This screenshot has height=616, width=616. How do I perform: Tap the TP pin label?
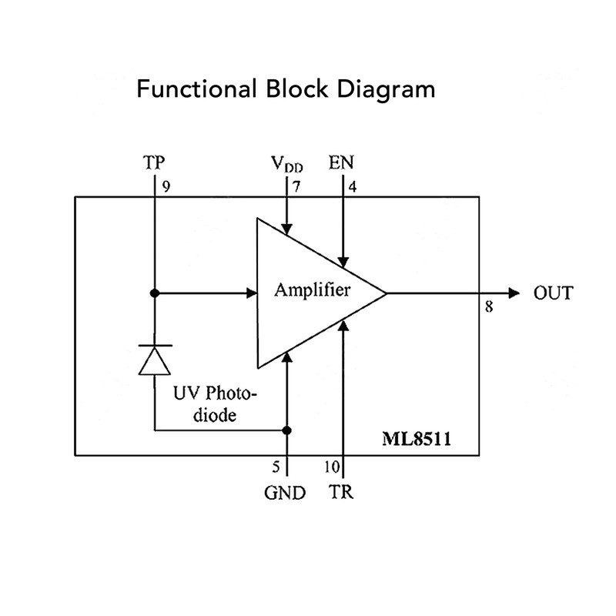coord(154,163)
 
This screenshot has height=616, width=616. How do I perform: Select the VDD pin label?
coord(286,164)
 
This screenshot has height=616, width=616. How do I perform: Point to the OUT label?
coord(553,293)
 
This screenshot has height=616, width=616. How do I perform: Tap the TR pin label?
coord(341,493)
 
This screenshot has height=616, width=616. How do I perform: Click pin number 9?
coord(166,186)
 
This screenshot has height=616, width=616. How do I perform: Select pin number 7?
coord(296,186)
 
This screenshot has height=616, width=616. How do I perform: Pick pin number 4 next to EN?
coord(353,186)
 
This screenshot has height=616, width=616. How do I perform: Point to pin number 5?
coord(276,466)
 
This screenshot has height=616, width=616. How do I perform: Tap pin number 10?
coord(329,466)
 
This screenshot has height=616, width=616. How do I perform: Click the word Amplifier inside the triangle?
coord(313,291)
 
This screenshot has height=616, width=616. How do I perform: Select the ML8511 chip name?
coord(418,440)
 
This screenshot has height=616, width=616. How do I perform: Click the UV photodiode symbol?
coord(154,359)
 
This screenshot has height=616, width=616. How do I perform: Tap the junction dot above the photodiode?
coord(154,293)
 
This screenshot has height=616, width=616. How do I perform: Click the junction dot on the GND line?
coord(286,430)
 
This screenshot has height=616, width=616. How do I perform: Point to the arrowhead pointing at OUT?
coord(511,293)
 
